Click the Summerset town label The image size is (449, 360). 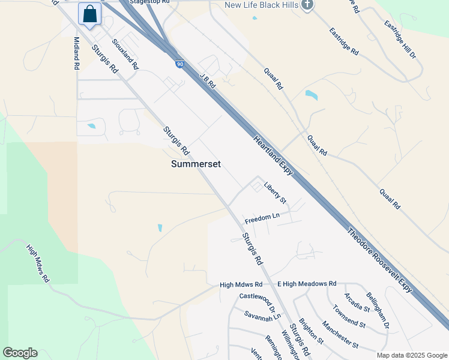(x=195, y=163)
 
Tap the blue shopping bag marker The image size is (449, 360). (x=89, y=14)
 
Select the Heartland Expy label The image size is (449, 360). (x=273, y=155)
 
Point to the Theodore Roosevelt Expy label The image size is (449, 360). (x=381, y=259)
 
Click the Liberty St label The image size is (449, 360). (x=275, y=193)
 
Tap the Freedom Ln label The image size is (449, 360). (x=262, y=216)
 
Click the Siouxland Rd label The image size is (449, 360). (x=125, y=55)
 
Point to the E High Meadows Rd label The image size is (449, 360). (x=307, y=283)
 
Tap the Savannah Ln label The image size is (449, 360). (x=262, y=316)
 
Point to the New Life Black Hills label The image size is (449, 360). (x=261, y=5)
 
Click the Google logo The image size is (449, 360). (x=20, y=352)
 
